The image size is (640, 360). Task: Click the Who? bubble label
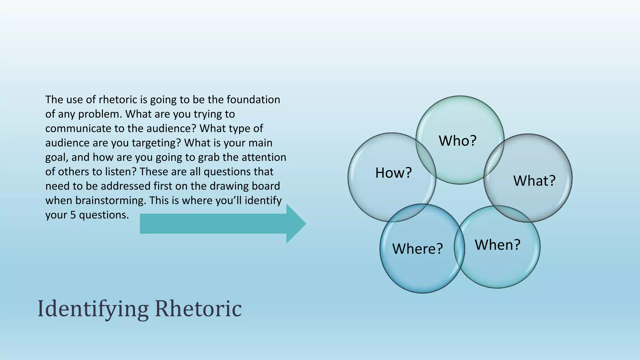point(457,141)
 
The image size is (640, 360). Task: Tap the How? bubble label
point(393,173)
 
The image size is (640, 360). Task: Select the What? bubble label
point(534,181)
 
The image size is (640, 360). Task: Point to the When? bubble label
point(497,245)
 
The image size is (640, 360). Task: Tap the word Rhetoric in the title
point(198,309)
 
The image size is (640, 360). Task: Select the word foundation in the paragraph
point(253,100)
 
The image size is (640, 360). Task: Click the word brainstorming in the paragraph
point(111,200)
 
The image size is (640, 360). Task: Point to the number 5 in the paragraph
point(73,215)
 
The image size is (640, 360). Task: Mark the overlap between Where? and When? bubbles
point(459,247)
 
